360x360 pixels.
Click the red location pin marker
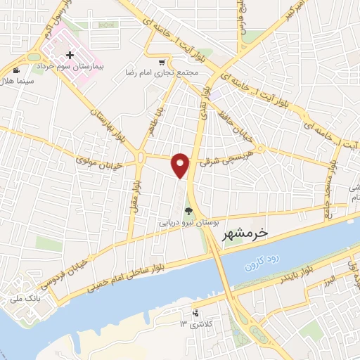tap(181, 165)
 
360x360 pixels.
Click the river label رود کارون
tap(264, 263)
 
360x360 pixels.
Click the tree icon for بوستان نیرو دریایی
tap(188, 210)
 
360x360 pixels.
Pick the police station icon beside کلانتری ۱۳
tap(195, 313)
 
